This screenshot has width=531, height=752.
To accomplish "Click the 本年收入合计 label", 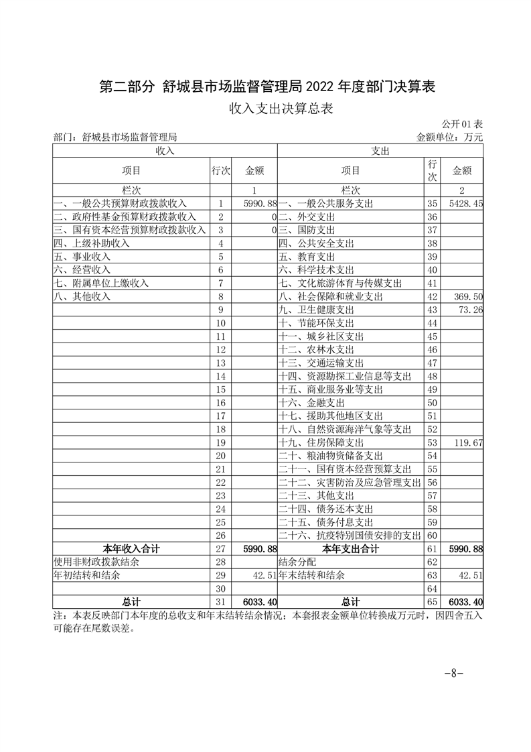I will (131, 549).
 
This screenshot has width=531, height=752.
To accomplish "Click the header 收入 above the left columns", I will (165, 151).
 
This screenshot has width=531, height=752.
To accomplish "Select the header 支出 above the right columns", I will (380, 151).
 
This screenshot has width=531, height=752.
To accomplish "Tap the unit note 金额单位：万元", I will (449, 137).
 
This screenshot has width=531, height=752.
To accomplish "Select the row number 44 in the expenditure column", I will (432, 323).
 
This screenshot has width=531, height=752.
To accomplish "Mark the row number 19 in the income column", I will (221, 443).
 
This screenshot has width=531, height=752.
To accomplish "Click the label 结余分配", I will (297, 562).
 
